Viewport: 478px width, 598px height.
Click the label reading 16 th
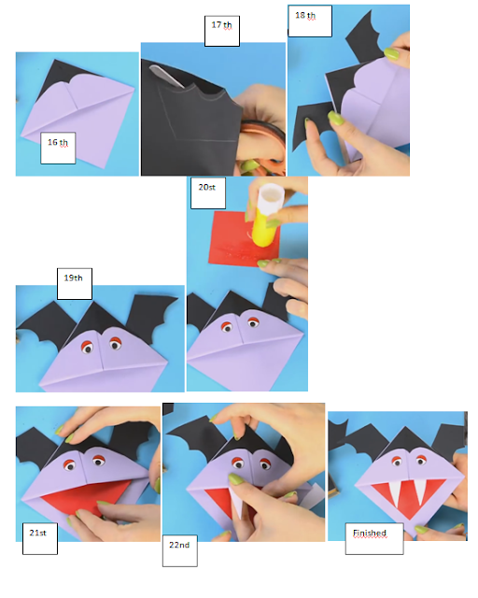pos(58,147)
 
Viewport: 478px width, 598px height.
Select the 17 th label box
pos(220,29)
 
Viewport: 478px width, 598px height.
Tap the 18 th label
pos(310,21)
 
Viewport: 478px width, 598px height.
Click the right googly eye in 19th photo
pos(118,345)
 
